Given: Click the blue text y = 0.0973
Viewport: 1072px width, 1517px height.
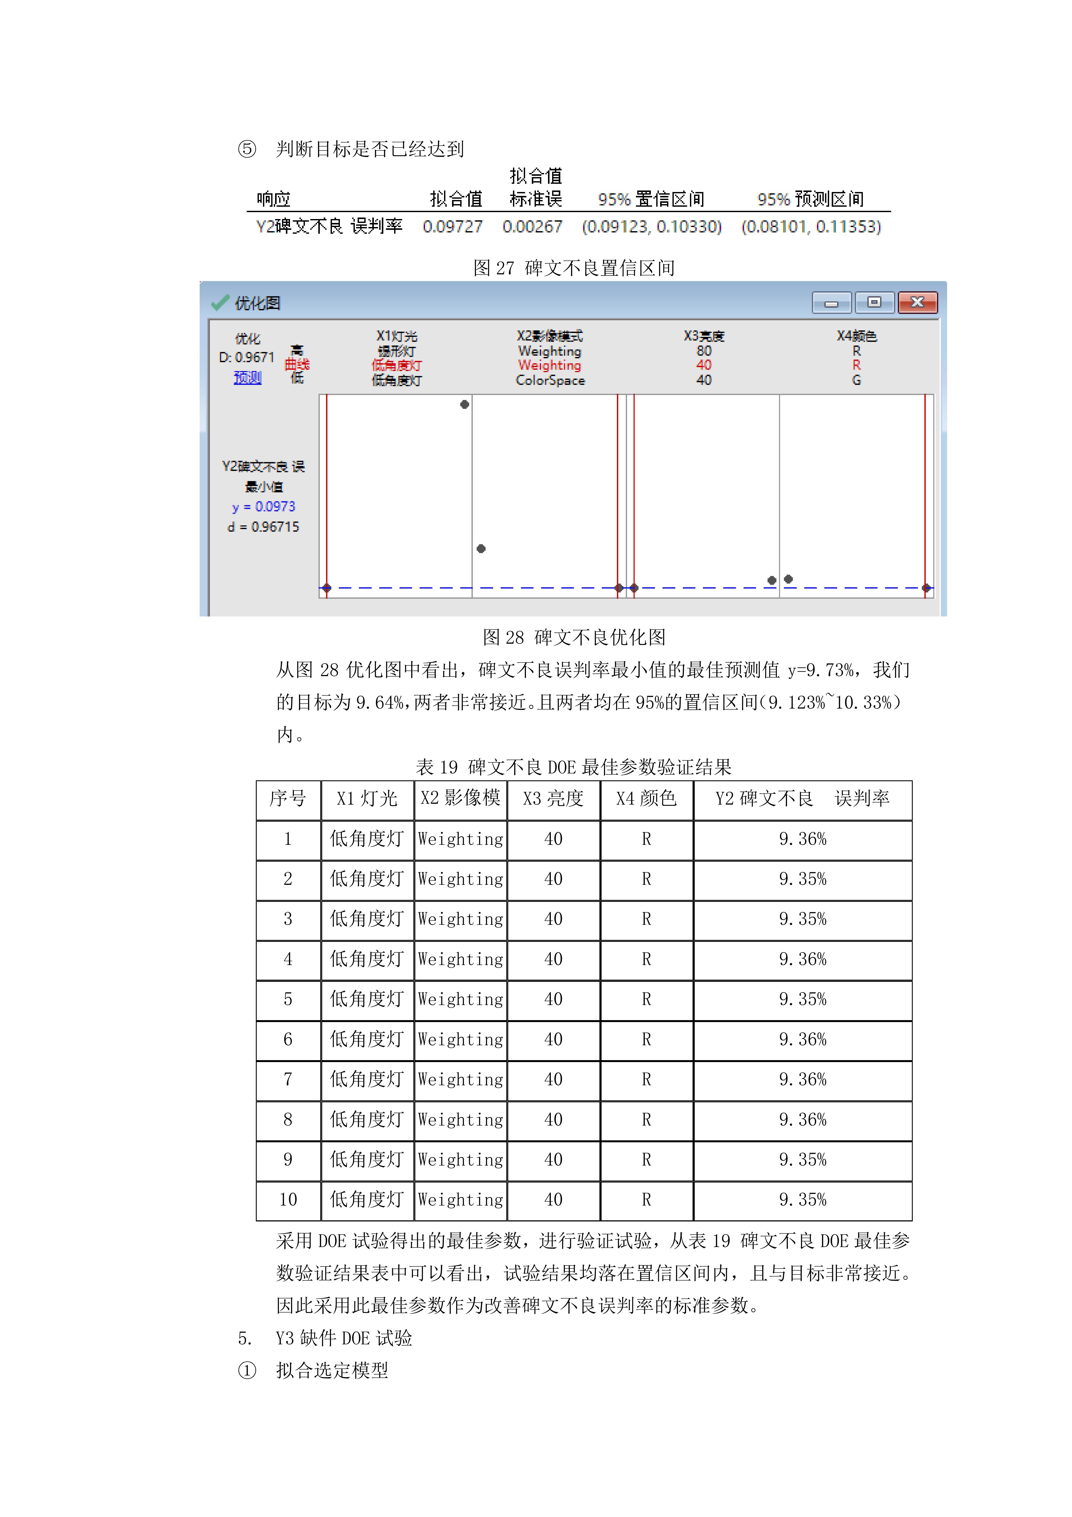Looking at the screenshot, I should pos(264,507).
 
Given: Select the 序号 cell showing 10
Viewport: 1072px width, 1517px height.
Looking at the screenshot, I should pos(288,1200).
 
